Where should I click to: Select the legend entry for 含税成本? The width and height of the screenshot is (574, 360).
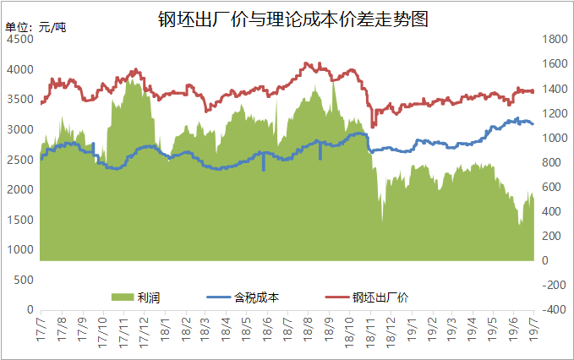tap(257, 297)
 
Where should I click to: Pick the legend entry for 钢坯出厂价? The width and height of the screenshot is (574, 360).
tap(380, 297)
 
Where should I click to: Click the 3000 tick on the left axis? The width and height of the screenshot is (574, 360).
tap(22, 129)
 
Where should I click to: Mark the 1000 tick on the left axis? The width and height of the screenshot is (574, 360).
tap(22, 250)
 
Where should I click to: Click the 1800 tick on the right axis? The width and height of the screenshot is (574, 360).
tap(554, 39)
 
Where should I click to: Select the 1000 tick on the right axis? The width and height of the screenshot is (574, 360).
tap(554, 138)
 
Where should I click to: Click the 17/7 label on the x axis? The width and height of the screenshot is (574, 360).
tap(40, 325)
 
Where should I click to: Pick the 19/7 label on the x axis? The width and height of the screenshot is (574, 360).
tap(532, 325)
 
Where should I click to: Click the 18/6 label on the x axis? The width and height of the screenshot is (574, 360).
tap(265, 325)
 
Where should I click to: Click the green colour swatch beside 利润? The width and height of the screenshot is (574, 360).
tap(123, 297)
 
